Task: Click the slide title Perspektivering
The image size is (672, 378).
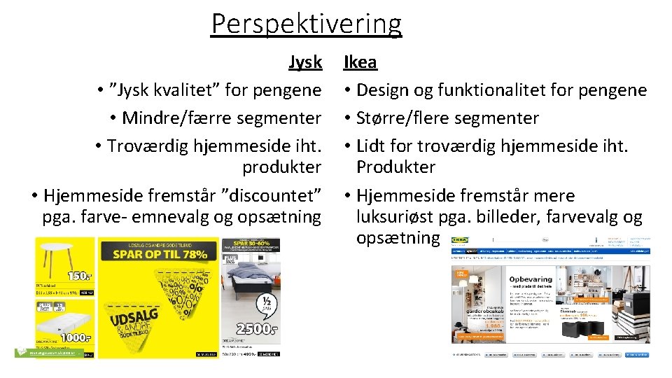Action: pyautogui.click(x=307, y=24)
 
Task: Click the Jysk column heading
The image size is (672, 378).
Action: pyautogui.click(x=305, y=62)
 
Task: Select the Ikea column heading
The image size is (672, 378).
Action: pyautogui.click(x=360, y=62)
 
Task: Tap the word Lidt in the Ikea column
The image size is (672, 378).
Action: pyautogui.click(x=372, y=146)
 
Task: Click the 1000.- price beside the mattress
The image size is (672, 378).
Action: pyautogui.click(x=76, y=337)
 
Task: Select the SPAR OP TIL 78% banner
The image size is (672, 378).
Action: pyautogui.click(x=156, y=253)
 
